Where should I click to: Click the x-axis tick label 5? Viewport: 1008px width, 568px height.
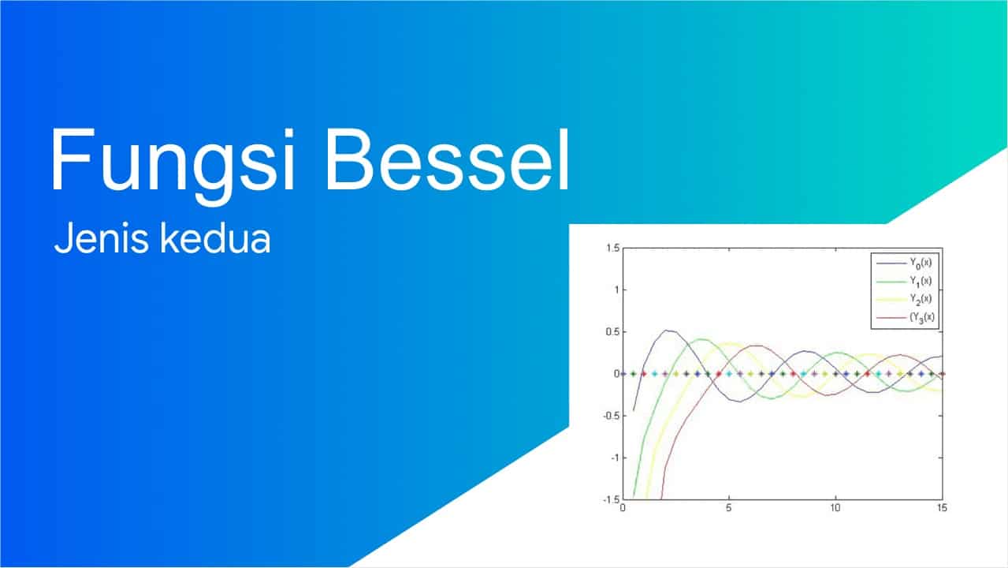point(729,508)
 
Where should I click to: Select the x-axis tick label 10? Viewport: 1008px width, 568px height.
point(835,508)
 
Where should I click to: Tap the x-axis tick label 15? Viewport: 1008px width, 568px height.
point(940,508)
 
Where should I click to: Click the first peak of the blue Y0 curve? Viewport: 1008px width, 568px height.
point(668,331)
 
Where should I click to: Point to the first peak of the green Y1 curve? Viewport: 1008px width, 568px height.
point(701,339)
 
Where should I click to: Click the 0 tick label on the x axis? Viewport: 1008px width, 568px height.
point(623,508)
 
